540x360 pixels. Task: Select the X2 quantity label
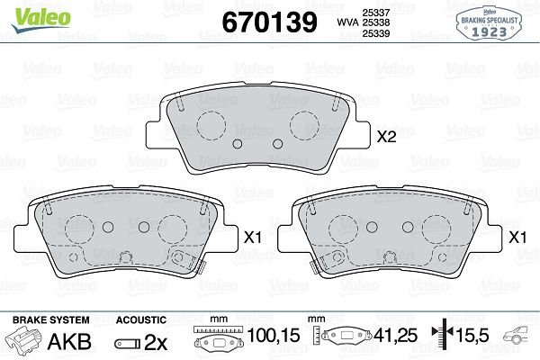tap(386, 138)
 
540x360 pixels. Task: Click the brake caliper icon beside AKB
tap(24, 342)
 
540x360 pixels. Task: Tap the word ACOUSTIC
tap(141, 320)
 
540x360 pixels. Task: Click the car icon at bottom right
tap(520, 339)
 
